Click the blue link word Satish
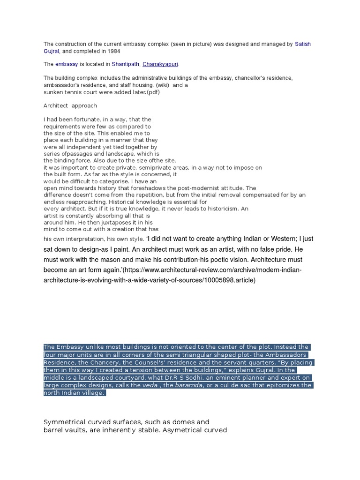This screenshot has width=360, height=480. pyautogui.click(x=303, y=44)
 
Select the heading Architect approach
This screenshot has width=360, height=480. pyautogui.click(x=70, y=106)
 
